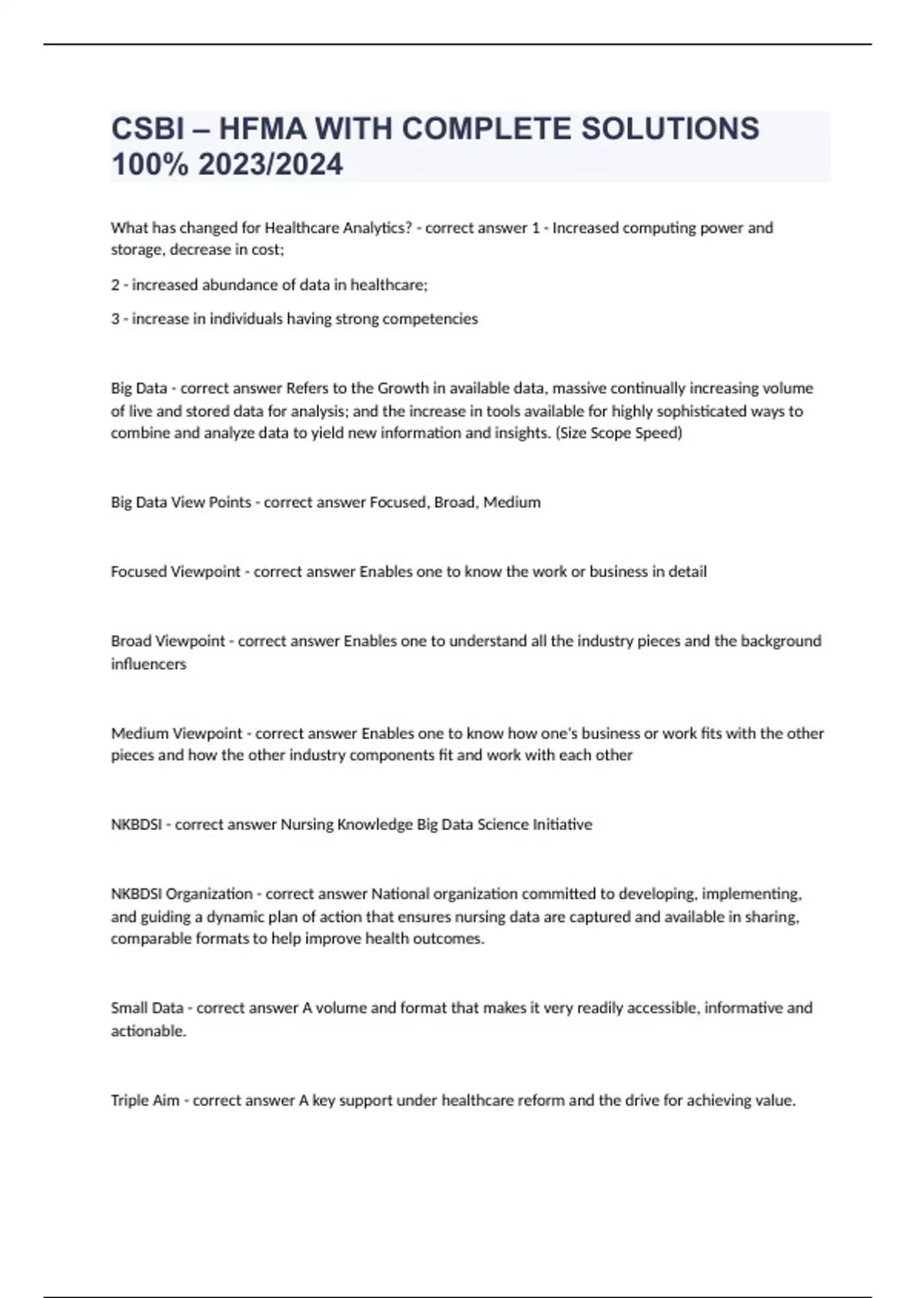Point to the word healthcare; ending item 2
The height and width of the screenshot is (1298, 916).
[389, 285]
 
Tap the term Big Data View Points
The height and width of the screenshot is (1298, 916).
[181, 502]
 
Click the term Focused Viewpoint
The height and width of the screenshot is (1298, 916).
[176, 571]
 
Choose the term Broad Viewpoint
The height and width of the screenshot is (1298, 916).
[168, 641]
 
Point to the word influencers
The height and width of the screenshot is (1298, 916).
[148, 664]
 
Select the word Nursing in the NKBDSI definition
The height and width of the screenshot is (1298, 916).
[307, 825]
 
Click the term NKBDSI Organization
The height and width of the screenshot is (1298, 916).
[182, 893]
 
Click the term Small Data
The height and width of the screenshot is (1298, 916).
[147, 1008]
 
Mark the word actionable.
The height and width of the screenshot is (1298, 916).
[148, 1031]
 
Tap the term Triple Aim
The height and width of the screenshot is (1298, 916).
[145, 1100]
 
